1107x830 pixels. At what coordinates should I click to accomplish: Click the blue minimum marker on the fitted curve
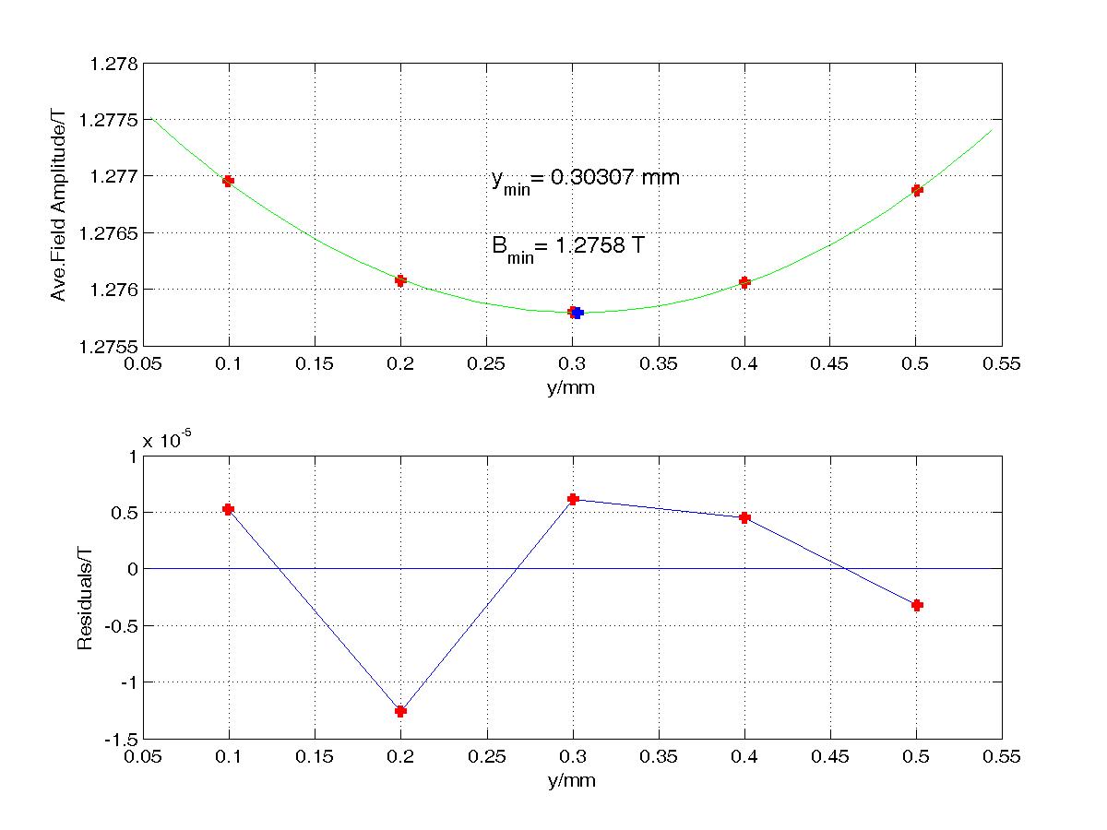coord(578,313)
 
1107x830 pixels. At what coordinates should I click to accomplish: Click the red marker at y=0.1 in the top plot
coord(228,181)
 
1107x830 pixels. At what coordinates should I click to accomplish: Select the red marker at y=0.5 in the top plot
coord(917,190)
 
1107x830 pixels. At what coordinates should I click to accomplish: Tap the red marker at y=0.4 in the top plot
coord(744,282)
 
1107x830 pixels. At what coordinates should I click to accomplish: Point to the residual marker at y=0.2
coord(400,711)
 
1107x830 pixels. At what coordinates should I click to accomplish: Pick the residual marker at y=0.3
coord(572,499)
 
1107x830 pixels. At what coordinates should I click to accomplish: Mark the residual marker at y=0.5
coord(917,605)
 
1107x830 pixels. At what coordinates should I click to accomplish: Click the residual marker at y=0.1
coord(228,509)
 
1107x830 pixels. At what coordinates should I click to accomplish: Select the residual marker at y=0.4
coord(744,517)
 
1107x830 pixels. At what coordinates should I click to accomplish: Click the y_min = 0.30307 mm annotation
coord(585,179)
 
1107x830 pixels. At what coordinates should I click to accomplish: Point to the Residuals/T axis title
coord(85,598)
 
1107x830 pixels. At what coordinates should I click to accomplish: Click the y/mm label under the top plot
coord(572,387)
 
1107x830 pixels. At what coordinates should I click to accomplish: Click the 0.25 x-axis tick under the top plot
coord(486,364)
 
